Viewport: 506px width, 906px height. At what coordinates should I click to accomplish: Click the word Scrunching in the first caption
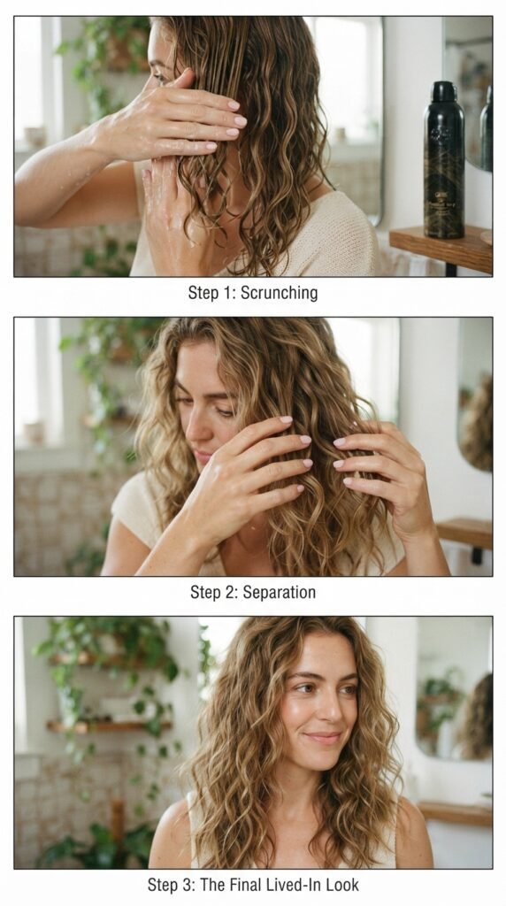click(x=279, y=293)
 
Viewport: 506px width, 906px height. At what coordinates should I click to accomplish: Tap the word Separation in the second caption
click(x=279, y=592)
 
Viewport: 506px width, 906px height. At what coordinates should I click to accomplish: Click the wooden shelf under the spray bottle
click(x=441, y=248)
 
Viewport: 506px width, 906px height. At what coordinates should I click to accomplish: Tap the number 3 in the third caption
click(x=190, y=884)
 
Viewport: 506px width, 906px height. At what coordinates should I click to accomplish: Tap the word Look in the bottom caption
click(x=343, y=884)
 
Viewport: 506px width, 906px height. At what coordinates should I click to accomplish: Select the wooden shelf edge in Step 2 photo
click(x=464, y=533)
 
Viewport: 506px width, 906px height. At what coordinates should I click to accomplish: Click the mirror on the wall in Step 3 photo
click(x=454, y=687)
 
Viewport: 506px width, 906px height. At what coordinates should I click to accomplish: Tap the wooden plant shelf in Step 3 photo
click(x=109, y=726)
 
